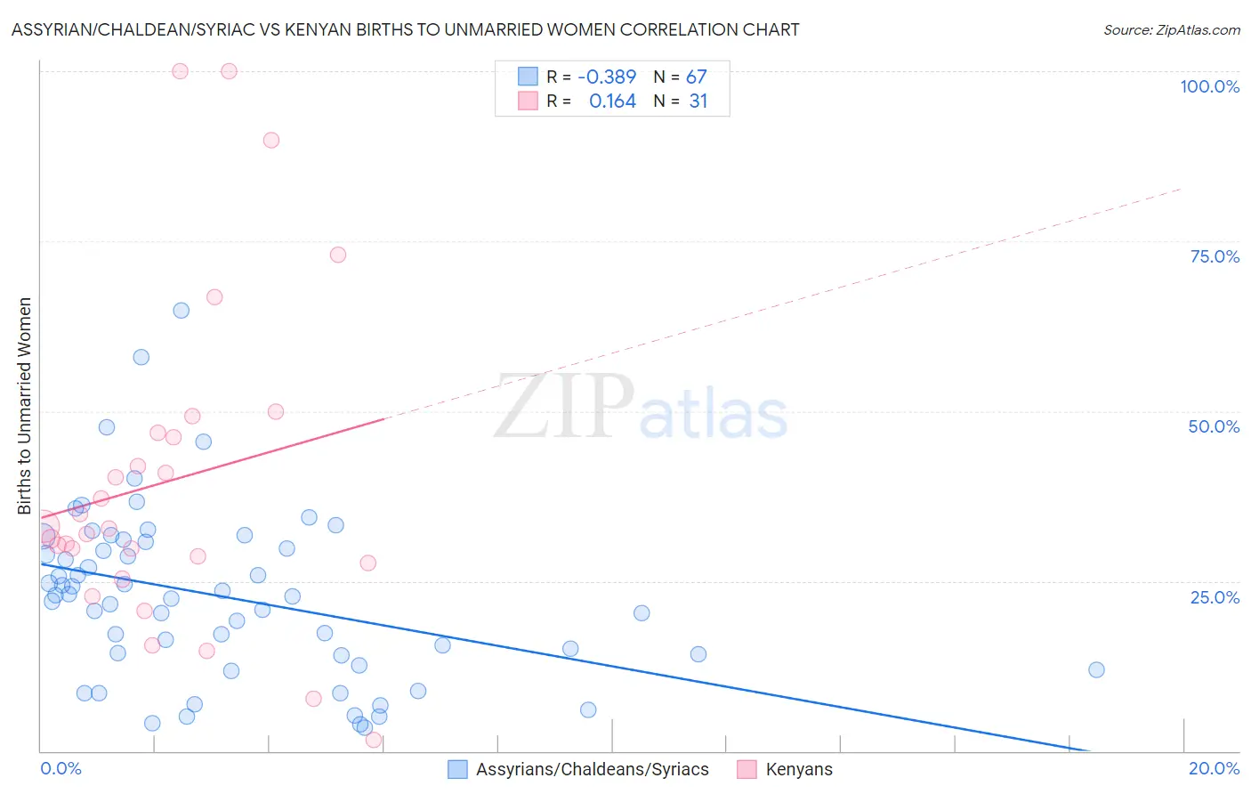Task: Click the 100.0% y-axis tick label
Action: (1209, 86)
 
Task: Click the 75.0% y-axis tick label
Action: (1215, 256)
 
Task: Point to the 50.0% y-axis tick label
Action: (1214, 426)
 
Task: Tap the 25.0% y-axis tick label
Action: (1215, 596)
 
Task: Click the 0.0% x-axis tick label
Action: (61, 768)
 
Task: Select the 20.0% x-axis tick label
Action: (1214, 768)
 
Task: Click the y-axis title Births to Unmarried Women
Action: (24, 406)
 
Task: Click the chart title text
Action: (405, 29)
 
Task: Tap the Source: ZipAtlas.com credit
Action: (1171, 29)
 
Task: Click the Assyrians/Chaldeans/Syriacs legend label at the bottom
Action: (592, 769)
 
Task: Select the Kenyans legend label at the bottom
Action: (799, 769)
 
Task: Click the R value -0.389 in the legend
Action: (607, 77)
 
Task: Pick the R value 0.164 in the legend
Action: (612, 101)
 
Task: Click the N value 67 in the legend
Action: (696, 77)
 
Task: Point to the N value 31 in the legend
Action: (698, 101)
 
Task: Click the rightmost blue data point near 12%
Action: (1096, 669)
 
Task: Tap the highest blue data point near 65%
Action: (181, 311)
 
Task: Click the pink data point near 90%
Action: (271, 140)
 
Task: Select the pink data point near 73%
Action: (337, 255)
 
